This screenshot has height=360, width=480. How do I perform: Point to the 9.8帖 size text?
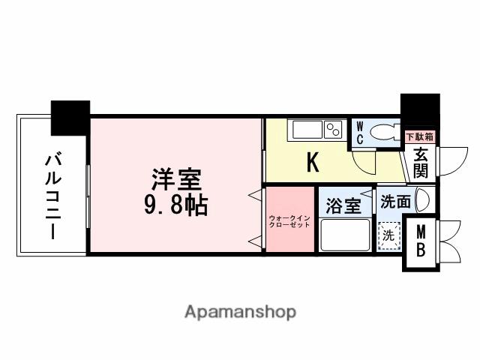click(x=177, y=203)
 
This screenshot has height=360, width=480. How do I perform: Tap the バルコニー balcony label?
click(x=52, y=196)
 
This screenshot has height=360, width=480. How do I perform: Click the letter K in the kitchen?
click(x=313, y=162)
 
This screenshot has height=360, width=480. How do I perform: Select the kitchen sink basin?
click(x=306, y=130)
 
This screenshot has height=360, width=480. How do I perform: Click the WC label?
click(x=359, y=133)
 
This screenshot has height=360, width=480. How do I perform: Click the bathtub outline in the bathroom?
click(x=345, y=235)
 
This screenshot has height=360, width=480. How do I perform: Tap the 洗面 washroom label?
click(x=394, y=201)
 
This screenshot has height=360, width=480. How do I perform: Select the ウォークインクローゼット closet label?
click(x=289, y=222)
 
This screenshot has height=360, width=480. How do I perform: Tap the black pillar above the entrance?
click(x=419, y=110)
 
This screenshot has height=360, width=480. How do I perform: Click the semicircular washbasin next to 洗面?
click(x=421, y=200)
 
